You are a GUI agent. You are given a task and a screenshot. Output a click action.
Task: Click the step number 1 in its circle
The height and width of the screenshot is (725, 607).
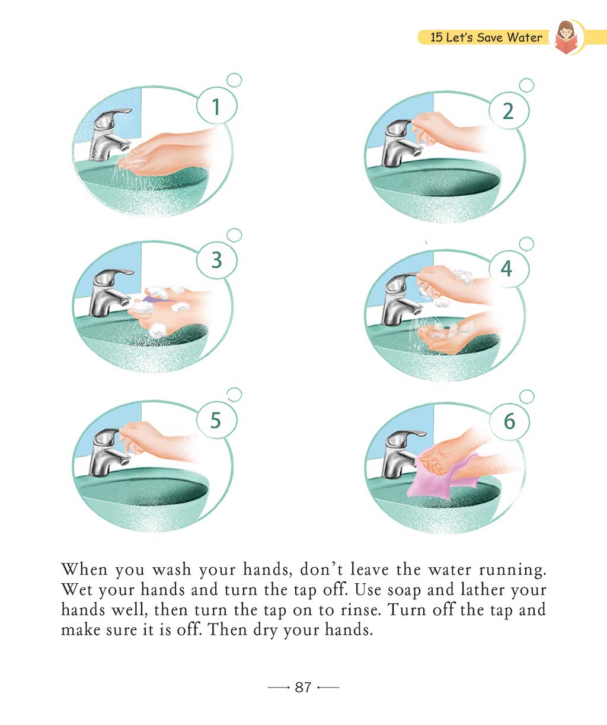pyautogui.click(x=216, y=107)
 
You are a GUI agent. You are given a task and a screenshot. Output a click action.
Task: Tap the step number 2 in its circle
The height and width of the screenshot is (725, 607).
pyautogui.click(x=508, y=112)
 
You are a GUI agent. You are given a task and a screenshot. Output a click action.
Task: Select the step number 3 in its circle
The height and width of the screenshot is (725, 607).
pyautogui.click(x=217, y=260)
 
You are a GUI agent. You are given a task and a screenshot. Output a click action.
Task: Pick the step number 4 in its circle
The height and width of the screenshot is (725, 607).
pyautogui.click(x=507, y=268)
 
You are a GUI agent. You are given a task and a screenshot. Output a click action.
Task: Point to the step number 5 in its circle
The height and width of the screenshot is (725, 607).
pyautogui.click(x=216, y=420)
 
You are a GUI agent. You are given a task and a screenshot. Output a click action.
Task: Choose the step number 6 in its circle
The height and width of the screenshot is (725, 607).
pyautogui.click(x=509, y=421)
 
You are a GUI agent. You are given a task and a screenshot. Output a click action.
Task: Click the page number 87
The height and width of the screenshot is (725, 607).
pyautogui.click(x=303, y=688)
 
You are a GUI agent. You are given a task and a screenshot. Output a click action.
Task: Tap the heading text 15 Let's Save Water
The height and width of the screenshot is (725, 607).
pyautogui.click(x=486, y=37)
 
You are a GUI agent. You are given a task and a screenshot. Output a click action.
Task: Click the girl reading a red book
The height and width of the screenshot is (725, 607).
pyautogui.click(x=566, y=37)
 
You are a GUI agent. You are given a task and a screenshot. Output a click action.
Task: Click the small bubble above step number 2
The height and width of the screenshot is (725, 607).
pyautogui.click(x=526, y=85)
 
